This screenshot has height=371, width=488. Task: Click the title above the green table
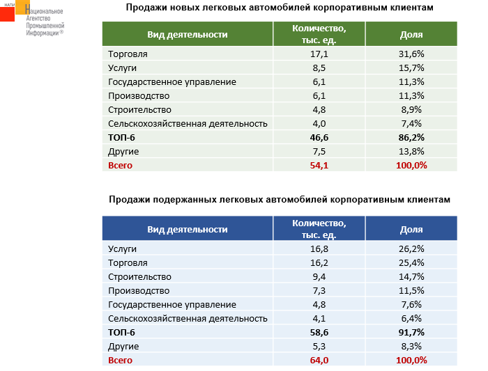(x=280, y=8)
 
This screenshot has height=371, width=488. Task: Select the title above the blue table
(x=280, y=199)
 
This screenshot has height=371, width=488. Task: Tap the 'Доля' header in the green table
(x=411, y=34)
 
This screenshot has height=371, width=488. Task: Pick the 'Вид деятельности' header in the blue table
(x=187, y=229)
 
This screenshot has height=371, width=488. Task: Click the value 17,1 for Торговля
(x=319, y=54)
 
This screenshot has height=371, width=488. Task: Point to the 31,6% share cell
(x=411, y=54)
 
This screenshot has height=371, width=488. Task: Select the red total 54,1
(x=319, y=165)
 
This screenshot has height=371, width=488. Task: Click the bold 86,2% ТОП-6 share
(x=411, y=137)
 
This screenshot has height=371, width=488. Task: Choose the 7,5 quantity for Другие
(x=319, y=151)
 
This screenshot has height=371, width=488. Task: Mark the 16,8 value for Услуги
(x=319, y=248)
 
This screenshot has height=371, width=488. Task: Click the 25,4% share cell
(x=411, y=262)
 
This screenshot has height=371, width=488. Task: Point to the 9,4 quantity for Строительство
(x=319, y=276)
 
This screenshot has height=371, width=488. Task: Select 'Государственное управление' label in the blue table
(x=172, y=304)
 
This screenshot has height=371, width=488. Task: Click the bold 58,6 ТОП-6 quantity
(x=319, y=332)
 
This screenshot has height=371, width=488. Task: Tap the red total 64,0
(x=319, y=360)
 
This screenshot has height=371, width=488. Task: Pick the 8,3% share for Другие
(x=411, y=346)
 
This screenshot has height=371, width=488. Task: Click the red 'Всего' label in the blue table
(x=121, y=360)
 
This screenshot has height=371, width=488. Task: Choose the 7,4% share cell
(x=411, y=123)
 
